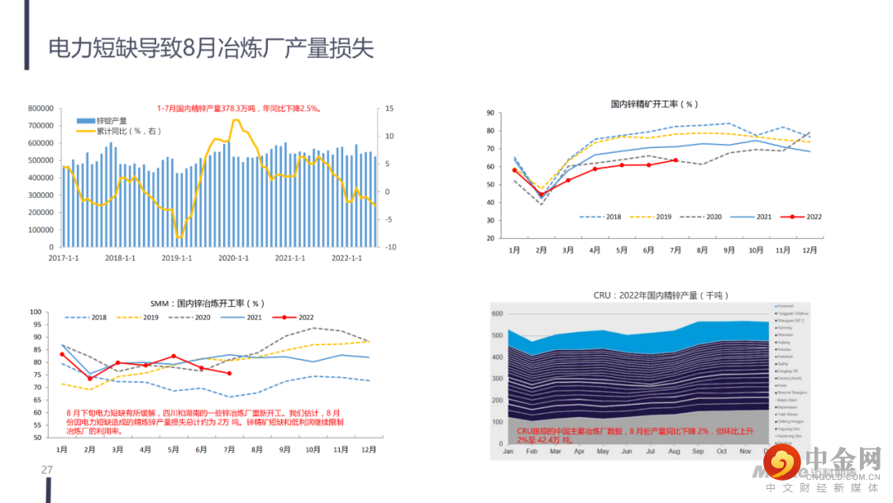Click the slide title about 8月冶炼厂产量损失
click(x=211, y=48)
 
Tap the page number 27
click(x=47, y=471)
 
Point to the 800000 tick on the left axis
click(x=41, y=108)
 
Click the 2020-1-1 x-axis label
click(x=233, y=258)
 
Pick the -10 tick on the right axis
click(x=390, y=247)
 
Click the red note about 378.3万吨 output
click(x=239, y=108)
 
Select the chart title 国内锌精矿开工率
click(x=654, y=104)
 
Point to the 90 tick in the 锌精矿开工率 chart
click(x=490, y=113)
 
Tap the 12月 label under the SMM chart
click(x=369, y=449)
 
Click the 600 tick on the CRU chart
click(x=497, y=314)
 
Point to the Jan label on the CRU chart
click(x=508, y=452)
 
